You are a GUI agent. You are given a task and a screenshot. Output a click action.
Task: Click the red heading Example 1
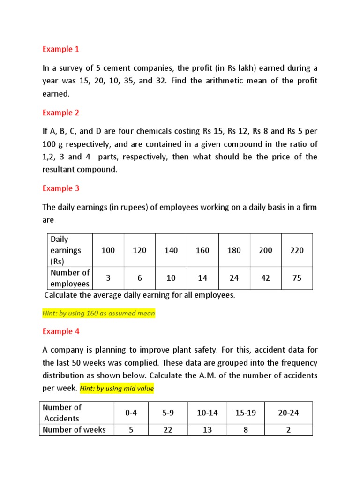[x=61, y=49]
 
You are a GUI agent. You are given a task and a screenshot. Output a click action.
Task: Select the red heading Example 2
[x=61, y=112]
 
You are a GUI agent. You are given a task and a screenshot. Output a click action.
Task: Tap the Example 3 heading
[x=61, y=188]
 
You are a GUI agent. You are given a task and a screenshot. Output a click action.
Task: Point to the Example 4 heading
[x=61, y=331]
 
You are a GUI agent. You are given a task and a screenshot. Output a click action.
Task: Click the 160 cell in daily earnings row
[x=202, y=250]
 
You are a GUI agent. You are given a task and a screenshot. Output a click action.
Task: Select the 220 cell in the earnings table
[x=297, y=250]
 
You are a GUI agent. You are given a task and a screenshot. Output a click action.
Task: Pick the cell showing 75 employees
[x=297, y=278]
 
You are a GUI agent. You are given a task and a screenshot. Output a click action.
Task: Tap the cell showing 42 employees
[x=265, y=278]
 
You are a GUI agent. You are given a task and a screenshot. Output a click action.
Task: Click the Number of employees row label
[x=70, y=278]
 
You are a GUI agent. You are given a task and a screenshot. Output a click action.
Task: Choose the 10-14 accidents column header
[x=207, y=413]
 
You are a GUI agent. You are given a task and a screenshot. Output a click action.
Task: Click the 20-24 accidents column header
[x=288, y=413]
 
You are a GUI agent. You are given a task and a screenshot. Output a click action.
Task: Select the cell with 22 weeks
[x=168, y=430]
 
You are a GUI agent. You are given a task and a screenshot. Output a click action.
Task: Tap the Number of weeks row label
[x=74, y=430]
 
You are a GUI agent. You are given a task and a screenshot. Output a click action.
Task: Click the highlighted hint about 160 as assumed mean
[x=98, y=314]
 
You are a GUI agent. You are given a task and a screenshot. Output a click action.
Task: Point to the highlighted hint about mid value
[x=117, y=389]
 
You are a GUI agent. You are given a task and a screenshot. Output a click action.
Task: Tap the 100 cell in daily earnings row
[x=108, y=250]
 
